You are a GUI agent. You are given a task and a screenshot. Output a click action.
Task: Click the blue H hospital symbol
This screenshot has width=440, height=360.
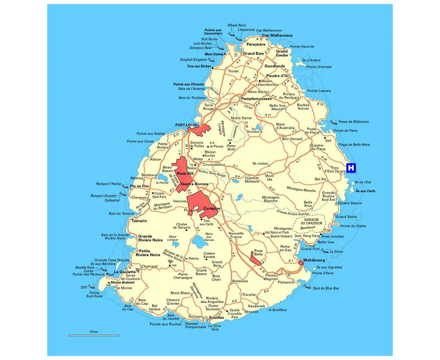click(351, 168)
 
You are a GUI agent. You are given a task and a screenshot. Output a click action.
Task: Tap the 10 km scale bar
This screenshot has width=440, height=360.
click(94, 335)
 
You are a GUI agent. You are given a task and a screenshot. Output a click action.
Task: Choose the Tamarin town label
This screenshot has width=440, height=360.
click(139, 221)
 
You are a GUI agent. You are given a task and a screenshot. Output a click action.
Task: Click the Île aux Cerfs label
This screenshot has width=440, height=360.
click(366, 191)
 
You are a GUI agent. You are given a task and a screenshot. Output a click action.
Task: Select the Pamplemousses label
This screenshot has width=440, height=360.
click(256, 98)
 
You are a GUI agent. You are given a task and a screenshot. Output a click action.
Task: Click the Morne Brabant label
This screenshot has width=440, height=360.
click(122, 282)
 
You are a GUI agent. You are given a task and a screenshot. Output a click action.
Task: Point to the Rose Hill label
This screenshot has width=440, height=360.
click(185, 174)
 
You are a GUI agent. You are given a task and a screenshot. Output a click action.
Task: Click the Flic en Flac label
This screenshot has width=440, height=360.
click(140, 186)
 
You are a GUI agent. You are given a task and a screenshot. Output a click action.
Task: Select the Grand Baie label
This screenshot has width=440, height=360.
click(253, 53)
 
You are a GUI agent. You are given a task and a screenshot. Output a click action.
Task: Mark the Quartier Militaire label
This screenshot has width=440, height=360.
click(252, 180)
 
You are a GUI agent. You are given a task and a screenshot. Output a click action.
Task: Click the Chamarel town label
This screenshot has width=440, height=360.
click(149, 266)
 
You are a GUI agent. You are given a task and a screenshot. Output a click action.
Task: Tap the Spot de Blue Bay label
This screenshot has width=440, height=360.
click(326, 288)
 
